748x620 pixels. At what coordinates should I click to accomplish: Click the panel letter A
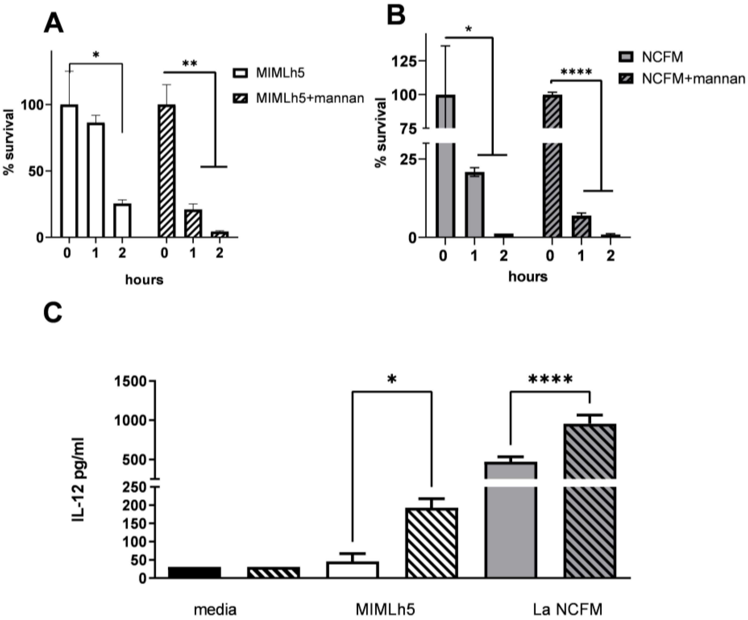click(53, 25)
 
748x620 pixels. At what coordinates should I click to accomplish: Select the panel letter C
click(53, 312)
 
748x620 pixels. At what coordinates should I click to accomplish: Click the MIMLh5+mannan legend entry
click(298, 98)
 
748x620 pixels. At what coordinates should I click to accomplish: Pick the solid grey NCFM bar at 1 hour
click(474, 205)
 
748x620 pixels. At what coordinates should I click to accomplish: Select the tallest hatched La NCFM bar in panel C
click(590, 499)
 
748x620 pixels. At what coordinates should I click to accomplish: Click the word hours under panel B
click(527, 276)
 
